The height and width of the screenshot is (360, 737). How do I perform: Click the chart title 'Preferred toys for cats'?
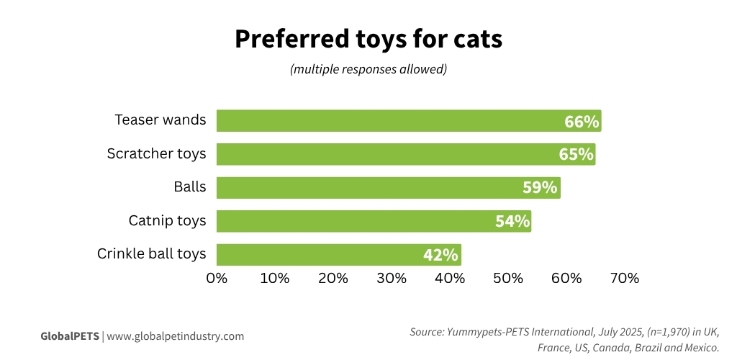(368, 40)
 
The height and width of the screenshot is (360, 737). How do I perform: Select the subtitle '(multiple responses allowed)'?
(368, 70)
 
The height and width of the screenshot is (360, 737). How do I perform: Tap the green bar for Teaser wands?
(389, 121)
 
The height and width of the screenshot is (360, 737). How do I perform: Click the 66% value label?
(582, 122)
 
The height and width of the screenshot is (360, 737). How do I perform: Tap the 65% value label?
(576, 155)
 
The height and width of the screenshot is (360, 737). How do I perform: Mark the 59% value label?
(540, 188)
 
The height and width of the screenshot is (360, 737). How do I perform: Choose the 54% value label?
(512, 221)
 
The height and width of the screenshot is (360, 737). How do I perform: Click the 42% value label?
(440, 255)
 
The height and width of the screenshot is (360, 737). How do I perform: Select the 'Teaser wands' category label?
(160, 120)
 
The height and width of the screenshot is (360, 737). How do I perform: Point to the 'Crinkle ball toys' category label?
(151, 254)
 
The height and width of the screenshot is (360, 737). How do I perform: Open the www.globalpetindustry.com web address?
(176, 336)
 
